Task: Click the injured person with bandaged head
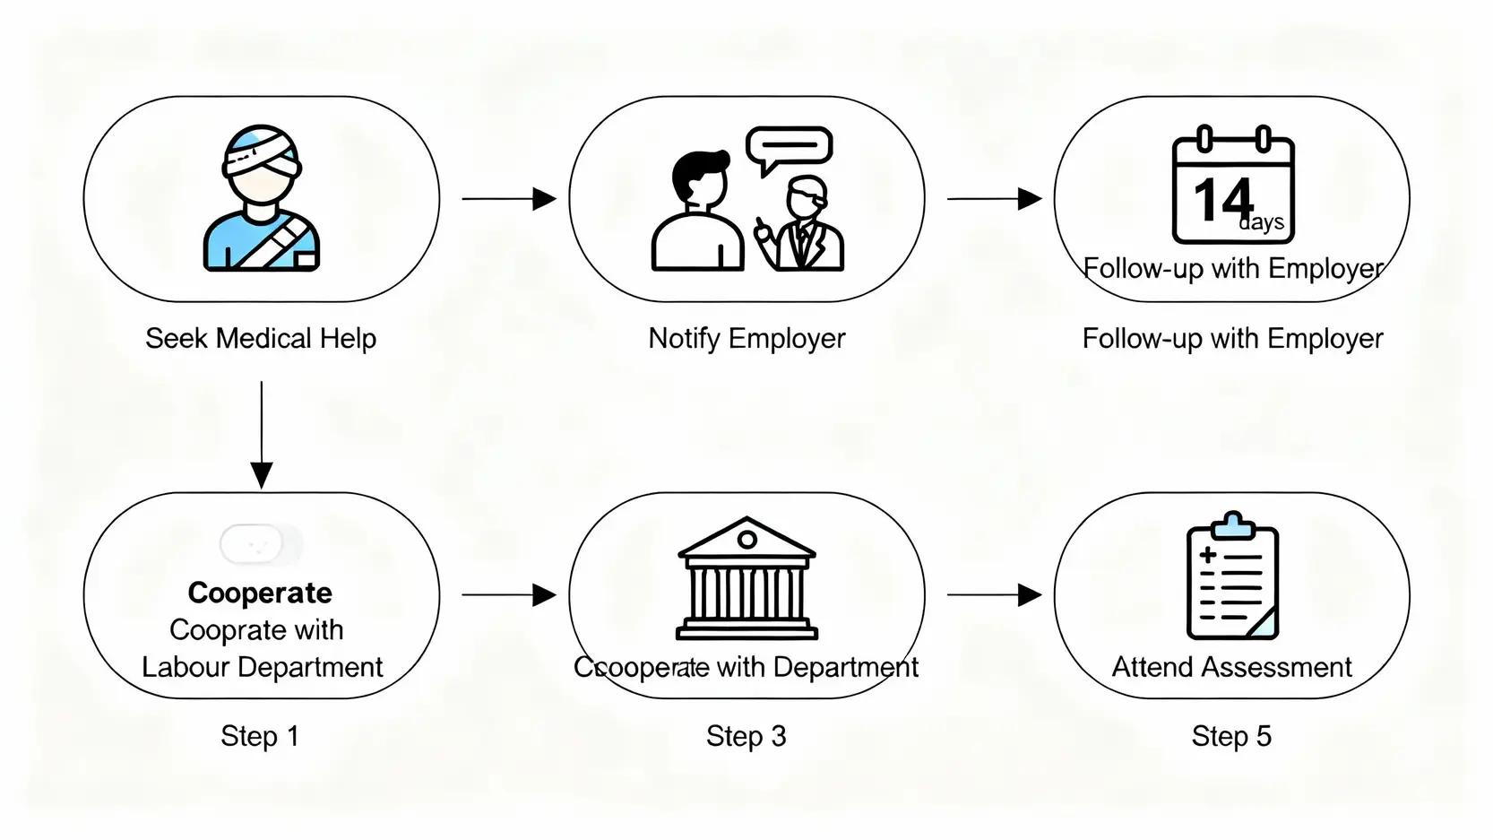pyautogui.click(x=261, y=199)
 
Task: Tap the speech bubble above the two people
pyautogui.click(x=789, y=149)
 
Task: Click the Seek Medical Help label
pyautogui.click(x=261, y=339)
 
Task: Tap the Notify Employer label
pyautogui.click(x=746, y=339)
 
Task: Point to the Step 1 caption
pyautogui.click(x=260, y=736)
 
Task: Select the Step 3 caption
pyautogui.click(x=746, y=736)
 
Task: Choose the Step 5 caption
pyautogui.click(x=1231, y=736)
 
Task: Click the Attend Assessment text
pyautogui.click(x=1231, y=667)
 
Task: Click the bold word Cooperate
pyautogui.click(x=260, y=593)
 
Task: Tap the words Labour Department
pyautogui.click(x=262, y=667)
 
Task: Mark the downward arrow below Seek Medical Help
pyautogui.click(x=262, y=436)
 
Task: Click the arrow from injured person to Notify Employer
pyautogui.click(x=509, y=199)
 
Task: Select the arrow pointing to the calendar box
pyautogui.click(x=995, y=199)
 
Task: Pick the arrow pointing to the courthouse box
pyautogui.click(x=509, y=594)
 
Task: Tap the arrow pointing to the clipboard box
pyautogui.click(x=995, y=594)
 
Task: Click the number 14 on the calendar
pyautogui.click(x=1222, y=200)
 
